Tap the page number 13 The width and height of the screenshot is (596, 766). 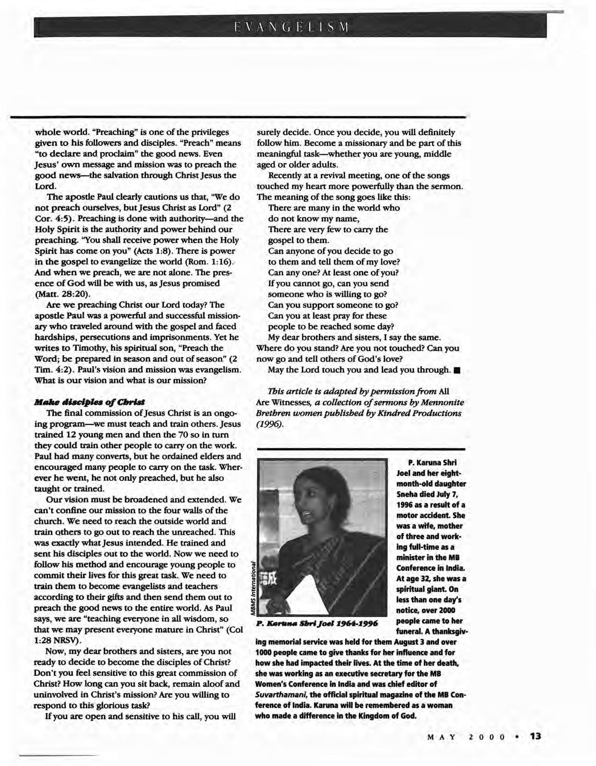[x=536, y=736]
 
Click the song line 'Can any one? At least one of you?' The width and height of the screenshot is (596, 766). [x=333, y=273]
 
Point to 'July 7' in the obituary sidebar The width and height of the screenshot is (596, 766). [x=443, y=494]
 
